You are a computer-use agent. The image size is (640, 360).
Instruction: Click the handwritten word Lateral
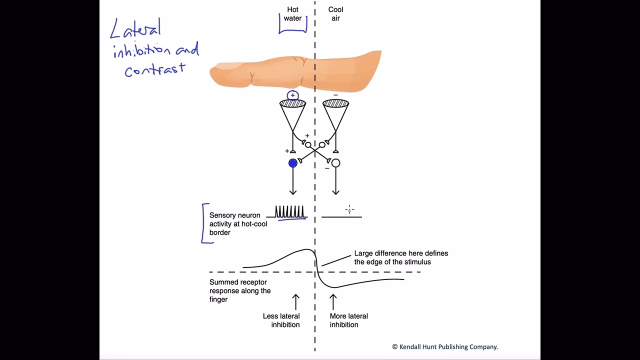135,29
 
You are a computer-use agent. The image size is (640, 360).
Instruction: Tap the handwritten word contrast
155,69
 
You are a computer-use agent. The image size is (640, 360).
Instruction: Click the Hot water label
292,14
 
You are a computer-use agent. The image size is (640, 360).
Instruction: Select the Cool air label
335,14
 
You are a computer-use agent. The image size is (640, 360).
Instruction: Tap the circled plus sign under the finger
292,95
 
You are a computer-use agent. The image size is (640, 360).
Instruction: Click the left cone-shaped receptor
292,112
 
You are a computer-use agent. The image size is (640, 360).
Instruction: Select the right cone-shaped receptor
335,112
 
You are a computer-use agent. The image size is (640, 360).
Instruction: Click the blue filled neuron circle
293,163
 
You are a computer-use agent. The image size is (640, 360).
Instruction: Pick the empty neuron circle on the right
335,163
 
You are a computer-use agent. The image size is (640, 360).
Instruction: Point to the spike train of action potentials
290,212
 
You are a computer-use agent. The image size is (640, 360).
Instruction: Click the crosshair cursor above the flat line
349,210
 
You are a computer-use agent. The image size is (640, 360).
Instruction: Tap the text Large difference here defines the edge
401,257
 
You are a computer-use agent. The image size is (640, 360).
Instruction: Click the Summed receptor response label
240,290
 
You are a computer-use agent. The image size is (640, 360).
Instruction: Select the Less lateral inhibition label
281,320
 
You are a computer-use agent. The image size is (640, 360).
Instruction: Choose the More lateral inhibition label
348,320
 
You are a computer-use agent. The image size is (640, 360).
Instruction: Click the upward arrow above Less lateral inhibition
295,302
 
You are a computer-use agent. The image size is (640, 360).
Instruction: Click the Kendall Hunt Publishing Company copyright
444,346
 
